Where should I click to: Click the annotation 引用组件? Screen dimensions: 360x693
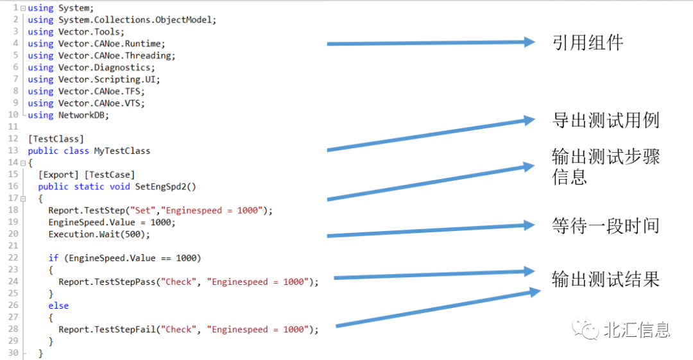coord(587,43)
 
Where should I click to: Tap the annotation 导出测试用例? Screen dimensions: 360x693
coord(605,120)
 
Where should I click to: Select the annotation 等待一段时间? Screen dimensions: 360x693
coord(605,225)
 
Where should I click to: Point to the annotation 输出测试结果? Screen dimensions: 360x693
coord(605,279)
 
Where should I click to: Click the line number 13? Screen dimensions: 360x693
coord(13,151)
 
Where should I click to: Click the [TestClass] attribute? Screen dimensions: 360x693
coord(56,139)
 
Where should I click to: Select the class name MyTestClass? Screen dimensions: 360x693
coord(122,151)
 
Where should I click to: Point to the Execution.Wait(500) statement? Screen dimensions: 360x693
coord(99,234)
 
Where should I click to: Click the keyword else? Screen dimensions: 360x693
coord(58,305)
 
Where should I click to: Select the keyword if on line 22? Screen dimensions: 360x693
coord(53,258)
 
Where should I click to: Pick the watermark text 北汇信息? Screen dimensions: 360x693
coord(637,330)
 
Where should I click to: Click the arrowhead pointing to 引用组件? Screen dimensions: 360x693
coord(528,42)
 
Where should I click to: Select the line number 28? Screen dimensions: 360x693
coord(13,329)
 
